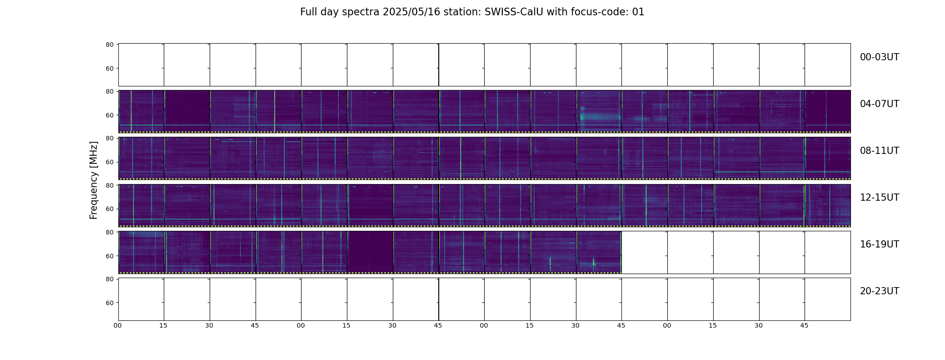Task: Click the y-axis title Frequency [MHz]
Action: pyautogui.click(x=94, y=180)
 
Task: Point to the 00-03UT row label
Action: pyautogui.click(x=879, y=57)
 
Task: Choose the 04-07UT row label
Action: pyautogui.click(x=879, y=104)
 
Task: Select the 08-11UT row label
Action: pyautogui.click(x=879, y=151)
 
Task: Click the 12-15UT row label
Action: pyautogui.click(x=879, y=198)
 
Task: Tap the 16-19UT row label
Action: pyautogui.click(x=879, y=244)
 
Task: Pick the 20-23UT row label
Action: pyautogui.click(x=879, y=291)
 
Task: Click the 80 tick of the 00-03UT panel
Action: pyautogui.click(x=109, y=45)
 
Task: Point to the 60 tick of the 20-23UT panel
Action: pyautogui.click(x=109, y=303)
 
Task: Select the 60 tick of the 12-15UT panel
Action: pyautogui.click(x=109, y=209)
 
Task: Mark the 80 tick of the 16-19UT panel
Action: pyautogui.click(x=109, y=232)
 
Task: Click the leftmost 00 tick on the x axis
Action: pyautogui.click(x=118, y=325)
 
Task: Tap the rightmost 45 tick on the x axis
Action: pyautogui.click(x=804, y=325)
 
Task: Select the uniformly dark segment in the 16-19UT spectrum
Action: pyautogui.click(x=370, y=252)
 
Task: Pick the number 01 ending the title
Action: pyautogui.click(x=638, y=12)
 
